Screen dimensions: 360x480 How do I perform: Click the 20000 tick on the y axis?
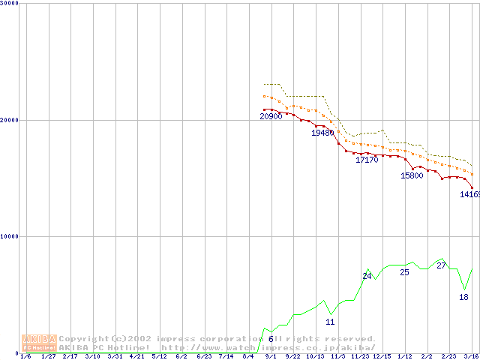[x=10, y=120]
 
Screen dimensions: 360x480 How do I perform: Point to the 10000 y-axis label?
[x=10, y=236]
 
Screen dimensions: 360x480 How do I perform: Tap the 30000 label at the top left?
[x=10, y=3]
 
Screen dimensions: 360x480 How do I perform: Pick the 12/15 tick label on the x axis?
[x=382, y=356]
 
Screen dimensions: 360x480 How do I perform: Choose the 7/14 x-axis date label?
[x=226, y=356]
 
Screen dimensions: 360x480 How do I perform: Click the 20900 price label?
[x=271, y=116]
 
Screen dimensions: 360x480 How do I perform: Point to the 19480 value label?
[x=322, y=133]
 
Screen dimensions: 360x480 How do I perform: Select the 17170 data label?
[x=367, y=160]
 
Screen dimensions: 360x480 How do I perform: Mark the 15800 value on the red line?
[x=412, y=175]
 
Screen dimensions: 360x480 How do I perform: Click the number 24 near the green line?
[x=367, y=276]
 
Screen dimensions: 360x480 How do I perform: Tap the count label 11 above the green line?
[x=330, y=322]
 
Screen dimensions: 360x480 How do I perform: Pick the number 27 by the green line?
[x=441, y=265]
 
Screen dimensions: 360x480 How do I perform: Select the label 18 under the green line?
[x=463, y=297]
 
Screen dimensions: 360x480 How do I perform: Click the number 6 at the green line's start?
[x=271, y=339]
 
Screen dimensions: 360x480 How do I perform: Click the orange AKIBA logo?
[x=39, y=343]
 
